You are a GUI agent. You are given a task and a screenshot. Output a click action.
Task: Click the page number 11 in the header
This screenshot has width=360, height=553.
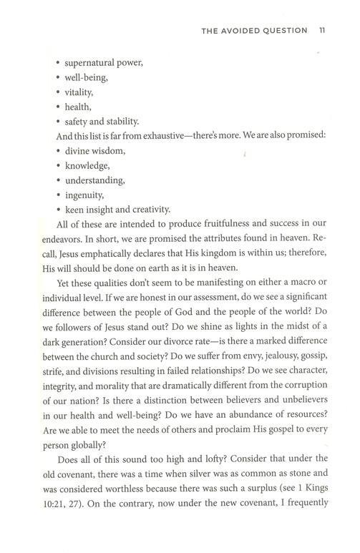pyautogui.click(x=322, y=30)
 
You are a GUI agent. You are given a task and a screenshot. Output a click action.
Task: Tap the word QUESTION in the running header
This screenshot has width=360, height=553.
pyautogui.click(x=283, y=30)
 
